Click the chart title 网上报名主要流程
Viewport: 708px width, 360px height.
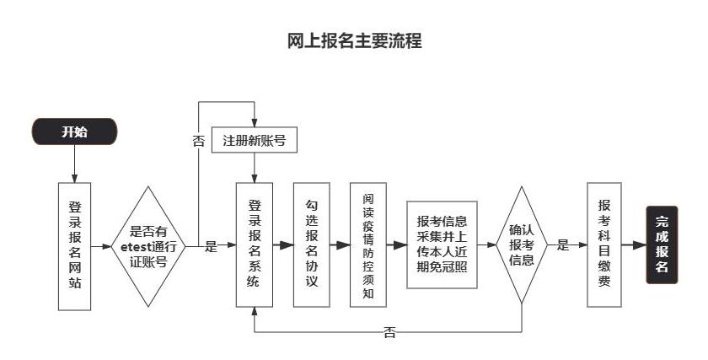pyautogui.click(x=354, y=40)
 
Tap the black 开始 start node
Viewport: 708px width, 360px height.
pyautogui.click(x=74, y=132)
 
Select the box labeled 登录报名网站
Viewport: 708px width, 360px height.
pyautogui.click(x=75, y=245)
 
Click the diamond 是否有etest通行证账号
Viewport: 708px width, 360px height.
pyautogui.click(x=148, y=246)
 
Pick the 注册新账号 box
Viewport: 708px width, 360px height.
pyautogui.click(x=255, y=141)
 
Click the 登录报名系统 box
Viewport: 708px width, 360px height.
pyautogui.click(x=255, y=245)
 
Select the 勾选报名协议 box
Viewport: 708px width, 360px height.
pyautogui.click(x=311, y=245)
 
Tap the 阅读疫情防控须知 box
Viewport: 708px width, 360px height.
pyautogui.click(x=368, y=245)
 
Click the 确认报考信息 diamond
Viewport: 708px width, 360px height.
pyautogui.click(x=522, y=245)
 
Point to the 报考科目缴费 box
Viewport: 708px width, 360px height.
pyautogui.click(x=604, y=245)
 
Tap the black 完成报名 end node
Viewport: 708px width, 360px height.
pyautogui.click(x=662, y=245)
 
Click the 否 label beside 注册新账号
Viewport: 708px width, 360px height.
pyautogui.click(x=199, y=142)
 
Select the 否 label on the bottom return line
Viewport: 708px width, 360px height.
pyautogui.click(x=389, y=332)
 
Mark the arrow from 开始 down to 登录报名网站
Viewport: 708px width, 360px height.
pyautogui.click(x=75, y=164)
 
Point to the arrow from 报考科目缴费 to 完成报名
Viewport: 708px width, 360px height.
pyautogui.click(x=634, y=245)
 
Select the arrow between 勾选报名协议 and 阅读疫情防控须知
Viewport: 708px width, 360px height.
pyautogui.click(x=340, y=245)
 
